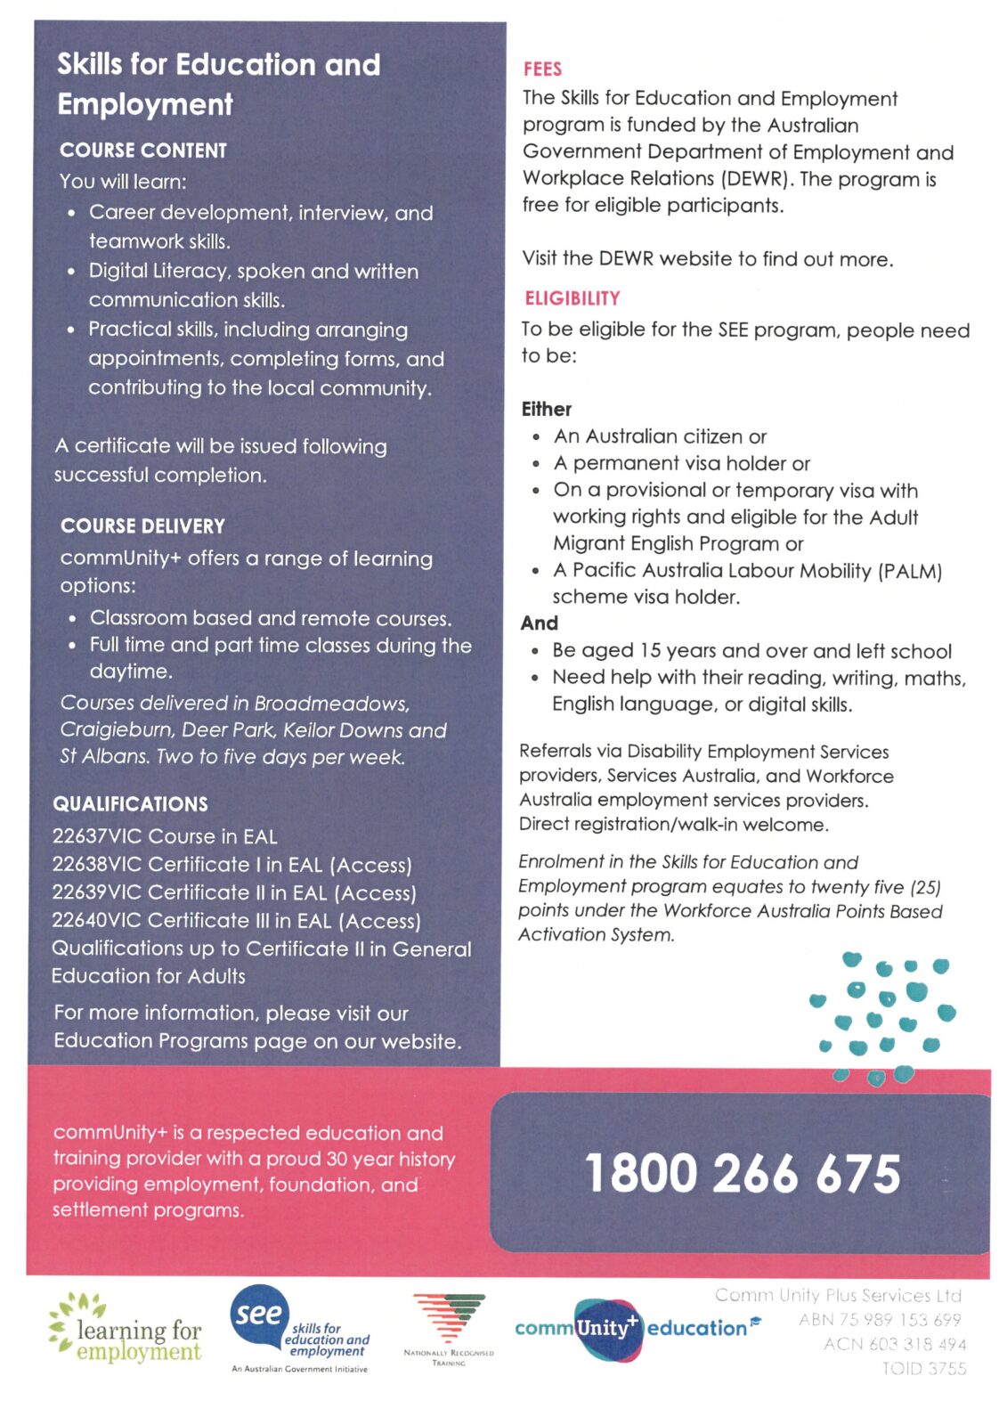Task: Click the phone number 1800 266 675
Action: (742, 1173)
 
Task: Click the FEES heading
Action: (542, 69)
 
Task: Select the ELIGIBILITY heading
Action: (572, 298)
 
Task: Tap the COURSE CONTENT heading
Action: (142, 151)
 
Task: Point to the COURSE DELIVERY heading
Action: (142, 526)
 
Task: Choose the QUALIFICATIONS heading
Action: (130, 804)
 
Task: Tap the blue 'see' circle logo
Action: (259, 1315)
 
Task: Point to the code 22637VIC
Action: (96, 836)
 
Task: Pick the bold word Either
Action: (547, 410)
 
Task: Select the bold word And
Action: (540, 623)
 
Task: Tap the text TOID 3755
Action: (923, 1369)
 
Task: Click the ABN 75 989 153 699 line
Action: (880, 1320)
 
